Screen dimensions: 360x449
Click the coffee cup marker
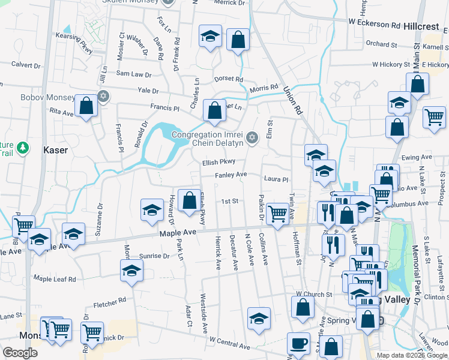click(x=298, y=343)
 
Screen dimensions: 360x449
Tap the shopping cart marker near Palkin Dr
click(x=277, y=213)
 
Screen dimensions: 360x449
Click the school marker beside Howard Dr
click(x=152, y=209)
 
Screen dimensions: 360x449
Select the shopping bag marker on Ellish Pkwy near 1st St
click(x=190, y=201)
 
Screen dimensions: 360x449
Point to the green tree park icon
click(x=22, y=147)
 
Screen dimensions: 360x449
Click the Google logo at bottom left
click(x=20, y=353)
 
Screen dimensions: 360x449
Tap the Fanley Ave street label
click(x=232, y=175)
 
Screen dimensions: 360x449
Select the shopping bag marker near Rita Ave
click(x=87, y=106)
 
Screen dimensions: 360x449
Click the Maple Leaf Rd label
click(x=55, y=279)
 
